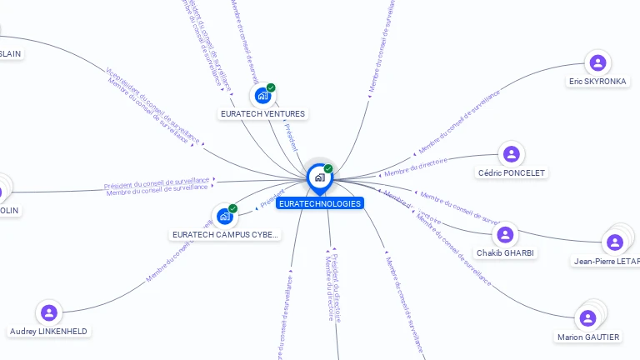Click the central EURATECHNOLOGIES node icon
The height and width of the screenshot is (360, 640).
coord(319,177)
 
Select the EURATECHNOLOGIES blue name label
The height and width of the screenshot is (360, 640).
coord(320,203)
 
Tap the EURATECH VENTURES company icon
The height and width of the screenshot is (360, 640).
coord(263,95)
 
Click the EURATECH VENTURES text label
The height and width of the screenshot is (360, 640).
coord(262,113)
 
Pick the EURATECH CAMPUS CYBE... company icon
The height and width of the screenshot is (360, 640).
coord(224,217)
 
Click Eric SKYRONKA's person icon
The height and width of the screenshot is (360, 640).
coord(597,62)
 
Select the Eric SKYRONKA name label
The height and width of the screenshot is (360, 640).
coord(597,82)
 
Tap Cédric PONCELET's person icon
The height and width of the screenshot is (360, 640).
coord(511,154)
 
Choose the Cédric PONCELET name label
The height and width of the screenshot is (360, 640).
coord(511,173)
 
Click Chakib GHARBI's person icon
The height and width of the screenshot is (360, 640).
coord(506,234)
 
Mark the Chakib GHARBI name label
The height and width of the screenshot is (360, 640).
coord(506,252)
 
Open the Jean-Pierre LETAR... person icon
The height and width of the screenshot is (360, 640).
coord(615,242)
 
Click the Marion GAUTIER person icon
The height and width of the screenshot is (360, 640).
coord(587,317)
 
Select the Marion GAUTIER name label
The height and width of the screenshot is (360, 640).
coord(588,337)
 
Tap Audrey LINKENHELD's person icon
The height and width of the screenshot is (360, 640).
coord(49,312)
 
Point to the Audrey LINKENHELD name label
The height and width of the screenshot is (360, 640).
coord(49,331)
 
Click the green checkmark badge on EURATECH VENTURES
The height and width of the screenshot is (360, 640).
coord(271,87)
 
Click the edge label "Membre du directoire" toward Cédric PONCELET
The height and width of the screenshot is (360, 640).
coord(416,167)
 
